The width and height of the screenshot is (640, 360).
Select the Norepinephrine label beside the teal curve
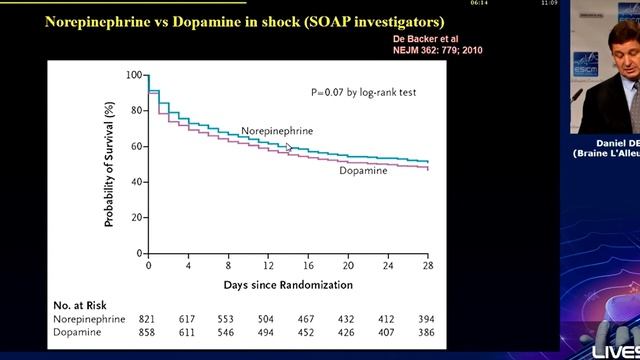277,131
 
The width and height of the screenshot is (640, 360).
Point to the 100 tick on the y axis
134,75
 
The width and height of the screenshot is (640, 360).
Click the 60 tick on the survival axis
137,146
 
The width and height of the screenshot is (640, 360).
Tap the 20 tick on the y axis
137,217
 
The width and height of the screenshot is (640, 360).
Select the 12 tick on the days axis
268,267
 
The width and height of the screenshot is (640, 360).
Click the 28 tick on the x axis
428,267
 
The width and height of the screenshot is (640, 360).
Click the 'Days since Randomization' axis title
289,285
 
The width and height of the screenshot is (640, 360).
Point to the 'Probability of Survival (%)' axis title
113,165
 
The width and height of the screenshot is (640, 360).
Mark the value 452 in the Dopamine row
308,330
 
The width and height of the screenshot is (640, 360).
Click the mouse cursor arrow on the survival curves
290,148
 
